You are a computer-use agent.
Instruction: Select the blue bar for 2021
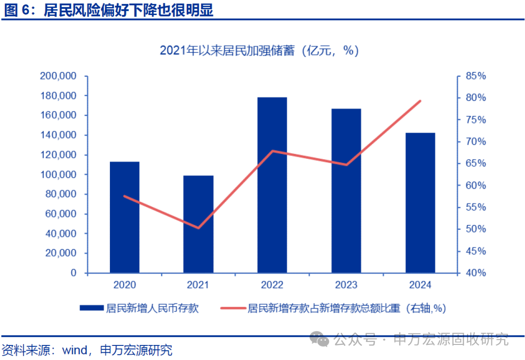point(198,224)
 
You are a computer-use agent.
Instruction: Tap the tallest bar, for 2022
point(272,185)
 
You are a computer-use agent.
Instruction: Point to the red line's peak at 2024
point(420,101)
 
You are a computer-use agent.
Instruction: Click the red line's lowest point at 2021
point(198,228)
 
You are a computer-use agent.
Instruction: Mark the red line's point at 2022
point(272,151)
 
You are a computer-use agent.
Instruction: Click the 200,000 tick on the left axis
point(58,76)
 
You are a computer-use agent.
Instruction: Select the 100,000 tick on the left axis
point(58,174)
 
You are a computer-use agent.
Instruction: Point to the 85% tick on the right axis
point(475,76)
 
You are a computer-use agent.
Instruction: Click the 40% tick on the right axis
point(475,273)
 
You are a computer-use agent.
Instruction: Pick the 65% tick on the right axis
point(475,164)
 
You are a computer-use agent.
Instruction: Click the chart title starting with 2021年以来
point(259,51)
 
